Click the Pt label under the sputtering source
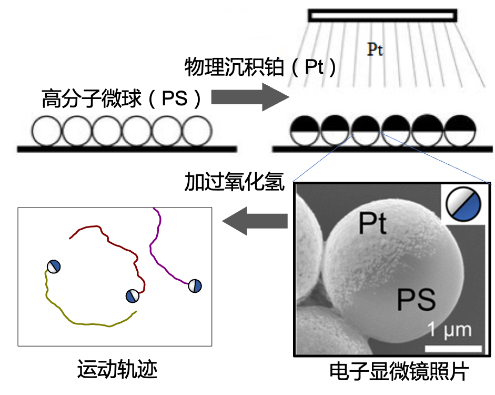click(x=375, y=50)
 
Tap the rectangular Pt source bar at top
click(x=382, y=15)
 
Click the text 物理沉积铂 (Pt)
click(x=260, y=67)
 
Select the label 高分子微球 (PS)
click(x=121, y=98)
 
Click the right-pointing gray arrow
click(x=250, y=97)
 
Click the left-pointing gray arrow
click(x=255, y=221)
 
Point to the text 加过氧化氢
click(x=234, y=182)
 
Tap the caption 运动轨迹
click(x=117, y=369)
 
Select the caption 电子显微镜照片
click(x=399, y=371)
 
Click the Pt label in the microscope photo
click(x=372, y=223)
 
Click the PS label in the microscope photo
click(x=416, y=299)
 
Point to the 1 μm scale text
click(x=450, y=330)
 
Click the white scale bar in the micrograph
click(x=453, y=349)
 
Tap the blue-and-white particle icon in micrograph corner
click(x=463, y=204)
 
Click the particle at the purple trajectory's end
click(x=195, y=286)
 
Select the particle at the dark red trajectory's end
click(x=132, y=296)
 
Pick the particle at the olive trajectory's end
click(x=54, y=266)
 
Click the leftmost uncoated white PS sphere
click(x=46, y=131)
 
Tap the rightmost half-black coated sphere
click(x=460, y=130)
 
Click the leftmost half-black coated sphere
click(x=305, y=131)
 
